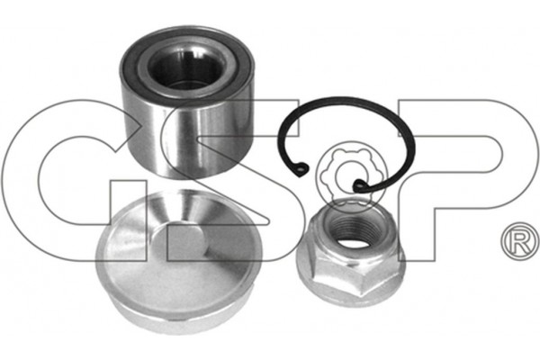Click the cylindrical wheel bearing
[x=188, y=102]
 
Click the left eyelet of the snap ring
[x=301, y=169]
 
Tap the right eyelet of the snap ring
[x=359, y=186]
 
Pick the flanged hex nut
[x=351, y=253]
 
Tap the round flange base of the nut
[x=351, y=290]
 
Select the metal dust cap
[x=178, y=263]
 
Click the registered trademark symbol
[x=520, y=241]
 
